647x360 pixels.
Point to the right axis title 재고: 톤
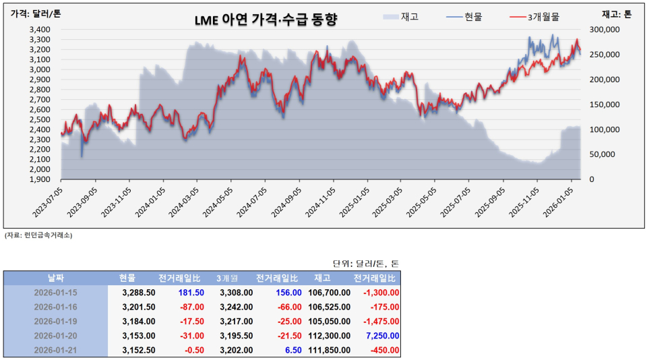(x=616, y=14)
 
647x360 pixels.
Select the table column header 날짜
(x=56, y=278)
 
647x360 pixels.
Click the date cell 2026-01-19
(x=56, y=321)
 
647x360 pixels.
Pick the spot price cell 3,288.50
(x=139, y=293)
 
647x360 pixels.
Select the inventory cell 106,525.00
(x=328, y=307)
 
